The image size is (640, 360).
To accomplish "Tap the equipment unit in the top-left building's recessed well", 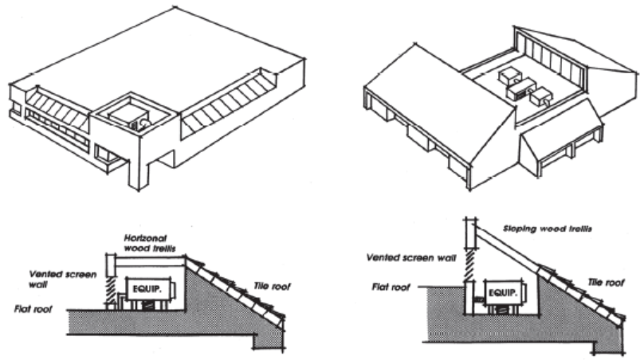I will click(x=129, y=117).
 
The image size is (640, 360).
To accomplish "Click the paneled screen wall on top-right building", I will click(x=551, y=55).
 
